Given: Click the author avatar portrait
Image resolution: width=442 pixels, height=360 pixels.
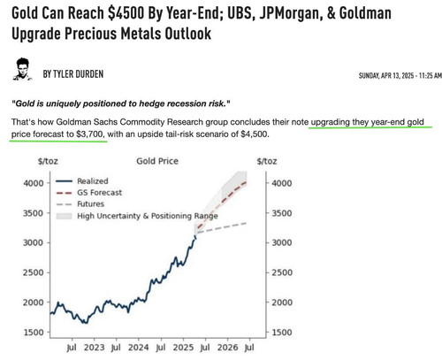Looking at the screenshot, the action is tap(22, 69).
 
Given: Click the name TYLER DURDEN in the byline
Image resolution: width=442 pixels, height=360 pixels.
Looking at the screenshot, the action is tap(78, 74).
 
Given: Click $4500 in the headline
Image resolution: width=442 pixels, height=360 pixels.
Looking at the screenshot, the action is tap(126, 13).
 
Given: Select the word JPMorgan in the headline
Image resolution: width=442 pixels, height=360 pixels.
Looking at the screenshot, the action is tap(291, 13).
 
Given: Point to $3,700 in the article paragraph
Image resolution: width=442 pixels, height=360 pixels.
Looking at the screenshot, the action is tap(90, 134).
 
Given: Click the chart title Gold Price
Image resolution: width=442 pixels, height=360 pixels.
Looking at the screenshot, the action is tap(157, 161).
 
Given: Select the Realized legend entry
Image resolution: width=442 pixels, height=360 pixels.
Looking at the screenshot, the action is tap(82, 181).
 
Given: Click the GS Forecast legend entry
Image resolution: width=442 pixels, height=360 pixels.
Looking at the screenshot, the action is tap(88, 193).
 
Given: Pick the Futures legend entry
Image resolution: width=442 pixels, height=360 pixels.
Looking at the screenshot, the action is tap(80, 204).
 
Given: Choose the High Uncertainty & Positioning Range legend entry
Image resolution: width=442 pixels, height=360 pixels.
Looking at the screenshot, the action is tap(137, 216).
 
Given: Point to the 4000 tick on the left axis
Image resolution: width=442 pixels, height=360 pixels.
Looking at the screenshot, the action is tap(34, 183).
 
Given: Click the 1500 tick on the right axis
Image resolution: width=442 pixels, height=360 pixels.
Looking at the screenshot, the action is tap(282, 333).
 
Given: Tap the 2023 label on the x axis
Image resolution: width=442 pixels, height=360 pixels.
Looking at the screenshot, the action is tap(94, 348).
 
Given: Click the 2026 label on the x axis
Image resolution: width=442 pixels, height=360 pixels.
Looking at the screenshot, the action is tap(227, 348).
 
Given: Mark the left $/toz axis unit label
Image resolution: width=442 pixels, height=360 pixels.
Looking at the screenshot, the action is tap(48, 161).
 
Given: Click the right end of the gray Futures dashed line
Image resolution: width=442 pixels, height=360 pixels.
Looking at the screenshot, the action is tap(246, 223).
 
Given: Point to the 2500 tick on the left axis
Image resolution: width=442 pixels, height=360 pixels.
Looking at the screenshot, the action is tap(34, 272).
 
